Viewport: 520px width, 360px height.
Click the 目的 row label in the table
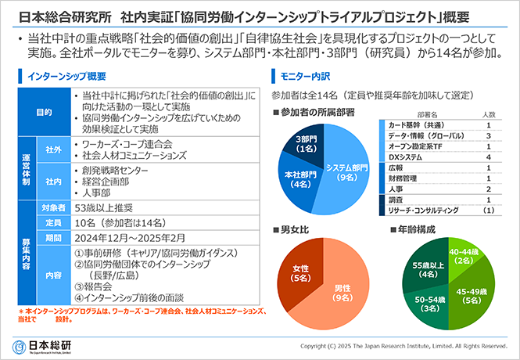44,113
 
